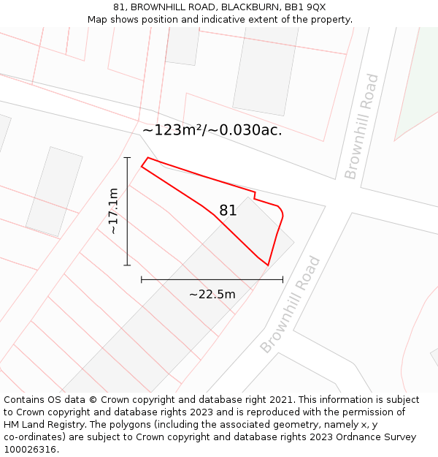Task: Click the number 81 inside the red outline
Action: pos(228,211)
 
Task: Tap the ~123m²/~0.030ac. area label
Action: pos(212,131)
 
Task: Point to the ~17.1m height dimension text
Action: pos(113,211)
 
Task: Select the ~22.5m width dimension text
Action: pos(212,295)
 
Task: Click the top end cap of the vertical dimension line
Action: pos(127,157)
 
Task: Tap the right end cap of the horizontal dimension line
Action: pos(283,279)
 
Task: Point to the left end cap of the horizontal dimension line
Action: pos(141,279)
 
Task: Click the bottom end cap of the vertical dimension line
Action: pos(127,265)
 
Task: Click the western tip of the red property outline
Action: pos(142,167)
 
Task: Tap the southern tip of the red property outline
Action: pos(268,265)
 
